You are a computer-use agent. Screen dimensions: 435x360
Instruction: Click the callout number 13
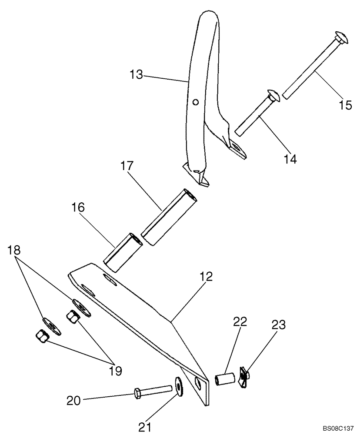point(136,74)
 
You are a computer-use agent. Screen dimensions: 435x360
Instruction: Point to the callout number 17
point(127,166)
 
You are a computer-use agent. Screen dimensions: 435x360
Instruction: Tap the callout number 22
point(240,322)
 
